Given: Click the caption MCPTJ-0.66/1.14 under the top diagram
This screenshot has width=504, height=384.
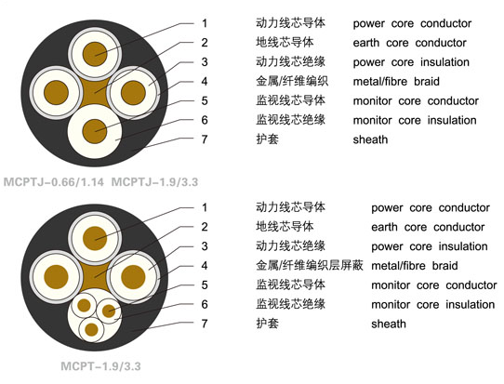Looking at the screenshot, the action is point(54,182).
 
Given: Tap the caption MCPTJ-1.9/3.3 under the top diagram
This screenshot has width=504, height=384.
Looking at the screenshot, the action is point(154,182).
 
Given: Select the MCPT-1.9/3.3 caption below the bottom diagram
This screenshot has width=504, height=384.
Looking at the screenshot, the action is point(100,366).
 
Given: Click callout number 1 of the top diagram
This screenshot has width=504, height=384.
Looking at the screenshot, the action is point(205,23).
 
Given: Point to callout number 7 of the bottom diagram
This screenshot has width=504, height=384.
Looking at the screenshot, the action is point(205,324).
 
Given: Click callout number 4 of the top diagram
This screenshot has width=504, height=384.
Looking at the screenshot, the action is point(205,81).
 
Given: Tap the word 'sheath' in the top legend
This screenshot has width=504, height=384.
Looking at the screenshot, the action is point(370,139).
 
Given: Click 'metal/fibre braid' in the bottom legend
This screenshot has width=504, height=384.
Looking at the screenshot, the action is point(415,266).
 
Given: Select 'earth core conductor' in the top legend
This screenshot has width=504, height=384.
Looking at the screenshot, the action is point(409,43).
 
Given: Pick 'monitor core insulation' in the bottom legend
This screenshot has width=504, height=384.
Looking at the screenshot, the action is point(433,304).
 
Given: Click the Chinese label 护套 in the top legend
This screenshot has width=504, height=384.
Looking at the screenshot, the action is point(267,139).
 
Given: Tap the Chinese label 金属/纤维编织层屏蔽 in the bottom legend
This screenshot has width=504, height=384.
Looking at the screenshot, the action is point(310,265).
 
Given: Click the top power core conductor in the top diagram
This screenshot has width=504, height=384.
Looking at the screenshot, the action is point(95,54).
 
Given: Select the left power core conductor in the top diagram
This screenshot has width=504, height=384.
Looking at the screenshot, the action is point(56,93).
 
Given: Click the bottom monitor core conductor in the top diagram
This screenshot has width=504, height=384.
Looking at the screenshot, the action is point(95,131).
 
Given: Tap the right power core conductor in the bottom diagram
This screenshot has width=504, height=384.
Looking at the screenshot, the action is point(133,277).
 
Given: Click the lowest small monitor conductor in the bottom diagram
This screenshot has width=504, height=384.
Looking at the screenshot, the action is point(92,329).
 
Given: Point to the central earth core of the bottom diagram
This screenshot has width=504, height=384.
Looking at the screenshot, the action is point(95,276).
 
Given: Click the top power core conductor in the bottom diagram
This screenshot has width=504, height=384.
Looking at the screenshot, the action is point(95,238).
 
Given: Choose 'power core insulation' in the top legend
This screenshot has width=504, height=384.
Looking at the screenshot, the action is point(411,62).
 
